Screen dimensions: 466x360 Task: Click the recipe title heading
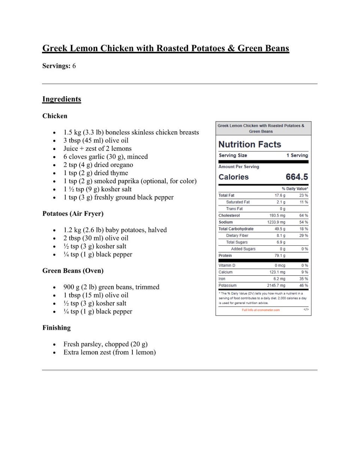(165, 48)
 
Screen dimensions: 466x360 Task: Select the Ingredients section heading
(61, 99)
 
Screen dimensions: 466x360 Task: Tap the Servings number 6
(74, 66)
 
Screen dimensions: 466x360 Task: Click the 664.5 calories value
(297, 177)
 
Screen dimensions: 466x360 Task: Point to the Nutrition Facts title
(249, 144)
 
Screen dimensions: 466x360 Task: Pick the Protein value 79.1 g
(280, 256)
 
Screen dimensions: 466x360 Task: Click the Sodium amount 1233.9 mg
(276, 222)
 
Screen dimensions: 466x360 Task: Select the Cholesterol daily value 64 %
(303, 215)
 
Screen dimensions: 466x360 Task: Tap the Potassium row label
(228, 286)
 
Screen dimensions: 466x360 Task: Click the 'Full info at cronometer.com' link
(261, 310)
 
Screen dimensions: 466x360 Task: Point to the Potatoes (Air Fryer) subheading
(73, 213)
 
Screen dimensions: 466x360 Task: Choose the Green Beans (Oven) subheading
(73, 271)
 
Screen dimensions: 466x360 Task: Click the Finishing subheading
(56, 328)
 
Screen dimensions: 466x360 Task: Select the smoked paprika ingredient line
(130, 181)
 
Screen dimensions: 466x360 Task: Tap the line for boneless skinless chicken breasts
(131, 132)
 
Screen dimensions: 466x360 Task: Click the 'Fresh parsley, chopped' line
(105, 344)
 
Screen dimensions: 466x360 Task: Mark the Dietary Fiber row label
(237, 236)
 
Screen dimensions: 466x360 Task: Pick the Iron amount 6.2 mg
(279, 279)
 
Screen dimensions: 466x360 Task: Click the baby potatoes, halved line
(115, 230)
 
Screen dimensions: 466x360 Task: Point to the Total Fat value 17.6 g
(280, 195)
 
